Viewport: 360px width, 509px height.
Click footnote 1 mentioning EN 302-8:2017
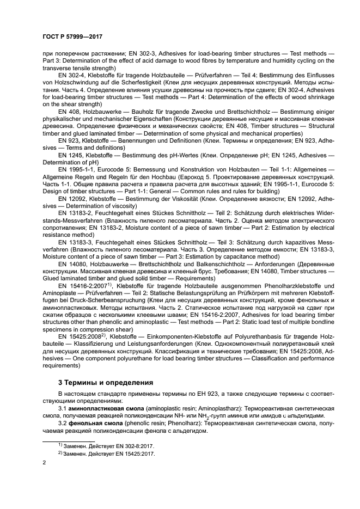point(106,445)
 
